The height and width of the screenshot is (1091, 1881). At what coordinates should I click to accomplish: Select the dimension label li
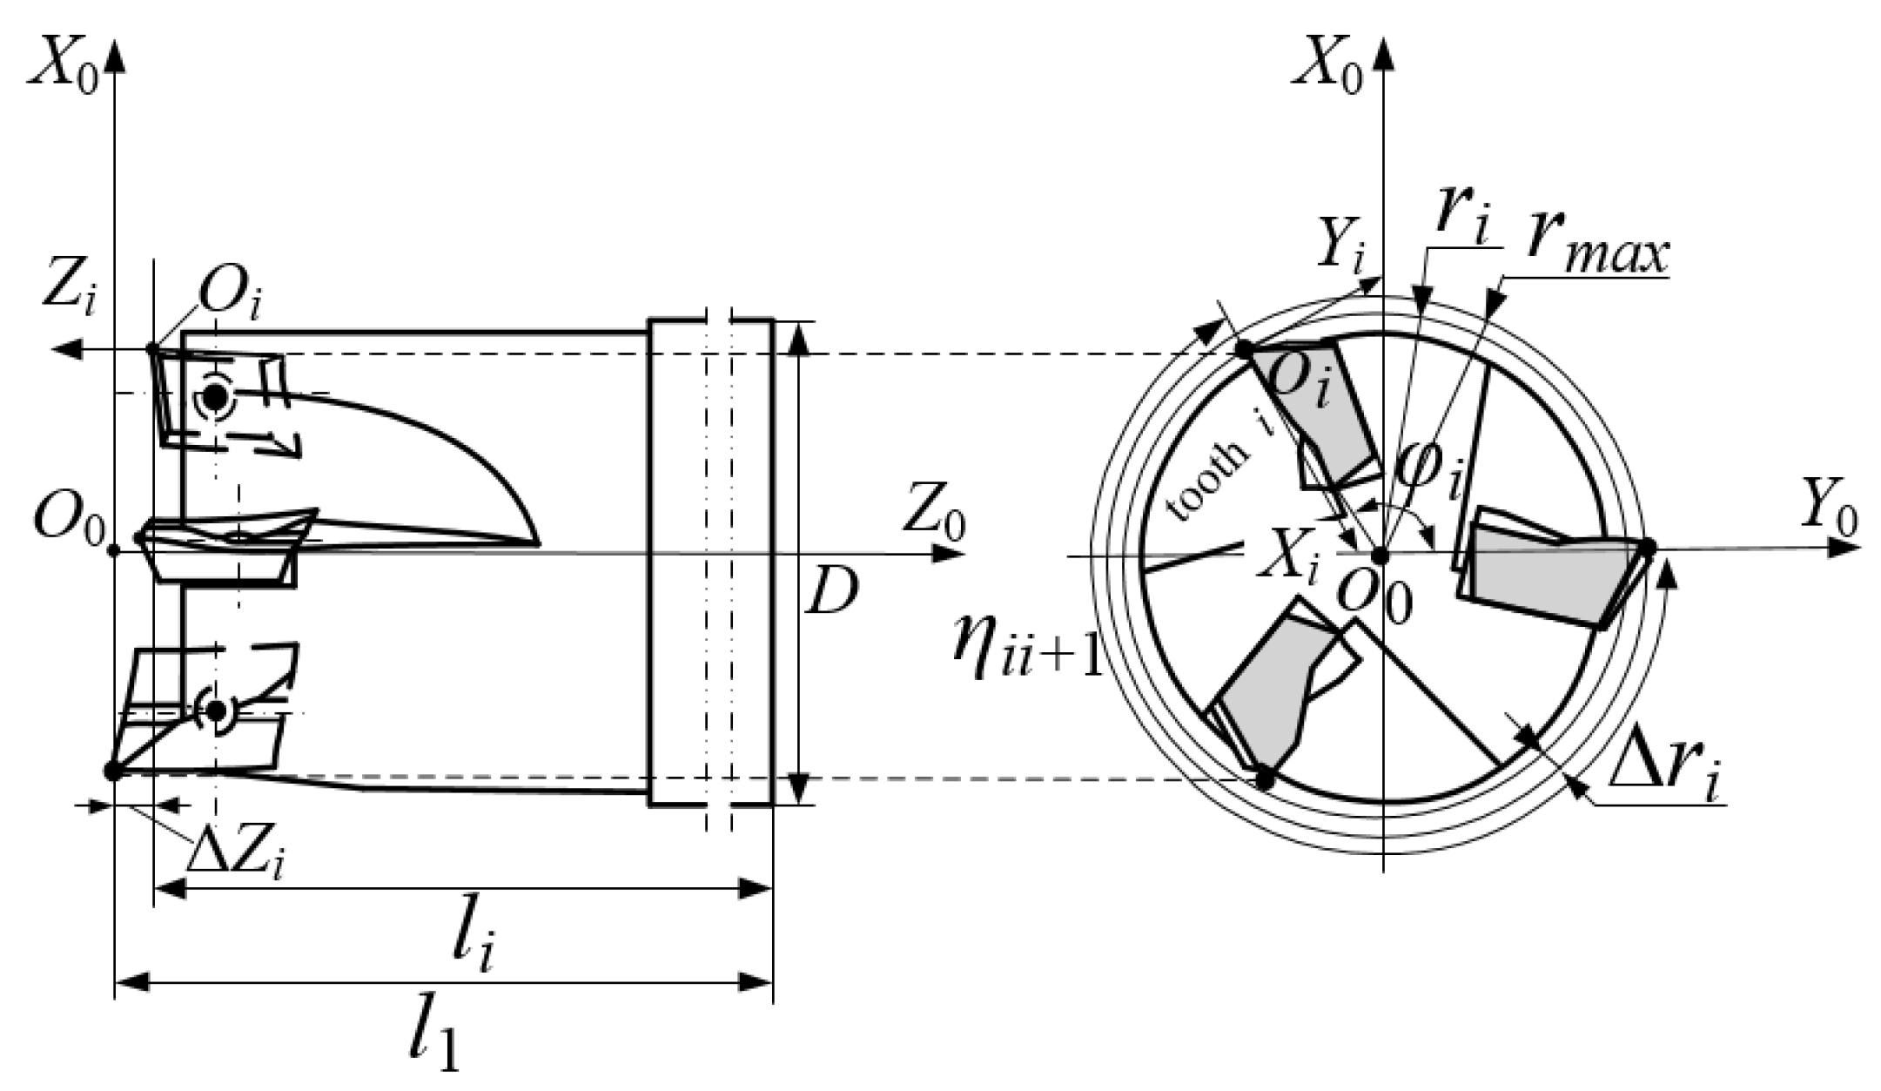click(474, 945)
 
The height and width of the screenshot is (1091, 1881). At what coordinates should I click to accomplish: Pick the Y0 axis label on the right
click(1828, 509)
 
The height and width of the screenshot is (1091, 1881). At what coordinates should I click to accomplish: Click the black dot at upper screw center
click(215, 397)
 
